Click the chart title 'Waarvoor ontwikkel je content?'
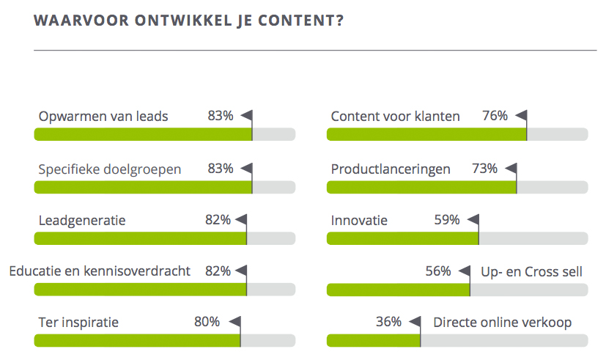coord(189,21)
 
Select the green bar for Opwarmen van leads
coord(143,134)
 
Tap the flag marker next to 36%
coord(415,321)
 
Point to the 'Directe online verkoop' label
coord(502,322)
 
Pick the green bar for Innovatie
coord(402,238)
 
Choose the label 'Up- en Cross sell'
coord(531,271)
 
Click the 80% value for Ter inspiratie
coord(207,322)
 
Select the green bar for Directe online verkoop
coord(373,340)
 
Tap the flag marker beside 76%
coord(521,116)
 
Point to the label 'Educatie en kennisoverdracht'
coord(100,271)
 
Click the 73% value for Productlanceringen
coord(484,169)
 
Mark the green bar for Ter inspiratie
coord(137,340)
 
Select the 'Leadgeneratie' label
coord(82,220)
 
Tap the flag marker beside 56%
coord(465,271)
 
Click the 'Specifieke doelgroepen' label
coord(110,169)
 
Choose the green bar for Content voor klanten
coord(426,134)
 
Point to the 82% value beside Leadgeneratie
coord(218,220)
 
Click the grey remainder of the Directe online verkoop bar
coord(504,340)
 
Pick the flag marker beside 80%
coord(234,321)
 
